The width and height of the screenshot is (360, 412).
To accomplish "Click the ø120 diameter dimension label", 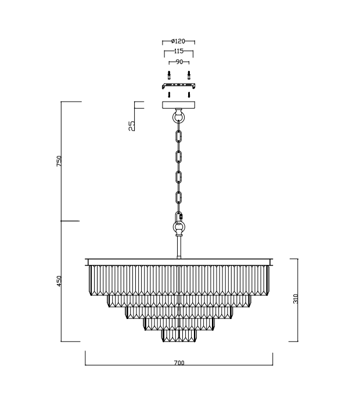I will tap(178, 42).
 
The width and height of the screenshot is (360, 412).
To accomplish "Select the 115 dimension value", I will tap(179, 52).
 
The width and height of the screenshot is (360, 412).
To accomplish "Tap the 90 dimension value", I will tap(179, 62).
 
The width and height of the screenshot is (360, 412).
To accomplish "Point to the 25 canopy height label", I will tap(132, 124).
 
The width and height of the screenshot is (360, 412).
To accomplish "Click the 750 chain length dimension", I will tap(59, 162).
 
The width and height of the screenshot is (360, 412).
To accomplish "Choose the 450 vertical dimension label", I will tap(59, 281).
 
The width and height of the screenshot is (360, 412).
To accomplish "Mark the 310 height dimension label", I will tap(296, 299).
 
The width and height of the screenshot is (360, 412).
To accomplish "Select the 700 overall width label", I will tap(179, 363).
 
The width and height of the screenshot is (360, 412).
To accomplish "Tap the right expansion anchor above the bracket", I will tap(189, 76).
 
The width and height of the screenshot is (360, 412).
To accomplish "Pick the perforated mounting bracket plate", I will tap(179, 86).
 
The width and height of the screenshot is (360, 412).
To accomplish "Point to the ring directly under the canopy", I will tap(179, 117).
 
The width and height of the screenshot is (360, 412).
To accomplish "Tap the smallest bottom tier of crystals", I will tap(179, 335).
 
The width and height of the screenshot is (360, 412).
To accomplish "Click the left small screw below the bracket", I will tap(169, 94).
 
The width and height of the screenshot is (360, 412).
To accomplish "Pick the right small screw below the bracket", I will tap(189, 94).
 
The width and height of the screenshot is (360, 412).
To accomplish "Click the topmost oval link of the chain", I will tap(179, 137).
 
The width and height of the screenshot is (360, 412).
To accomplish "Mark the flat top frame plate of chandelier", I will tap(179, 260).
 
